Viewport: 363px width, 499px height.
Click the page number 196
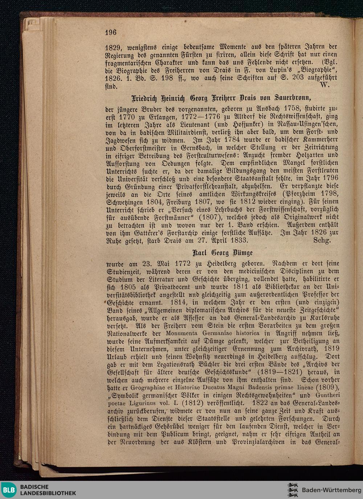[111, 32]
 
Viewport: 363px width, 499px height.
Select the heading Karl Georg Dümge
[223, 252]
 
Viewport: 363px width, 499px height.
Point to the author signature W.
[325, 86]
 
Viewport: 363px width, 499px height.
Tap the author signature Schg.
[322, 240]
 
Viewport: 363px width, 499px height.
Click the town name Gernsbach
[195, 148]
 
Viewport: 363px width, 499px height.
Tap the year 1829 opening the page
[113, 47]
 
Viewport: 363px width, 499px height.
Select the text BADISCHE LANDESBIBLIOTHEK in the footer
[48, 490]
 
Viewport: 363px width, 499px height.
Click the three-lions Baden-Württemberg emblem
[293, 490]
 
